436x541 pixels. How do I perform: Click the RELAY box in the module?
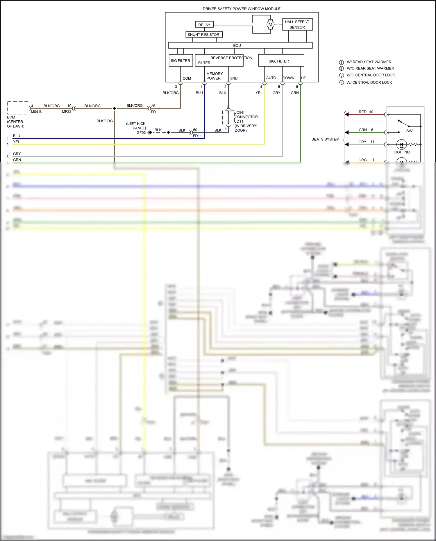204,25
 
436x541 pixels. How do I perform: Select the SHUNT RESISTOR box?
204,35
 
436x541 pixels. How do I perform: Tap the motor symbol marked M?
270,24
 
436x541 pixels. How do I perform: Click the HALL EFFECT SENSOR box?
297,24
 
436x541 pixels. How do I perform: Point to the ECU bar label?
237,46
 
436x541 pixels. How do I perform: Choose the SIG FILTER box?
181,60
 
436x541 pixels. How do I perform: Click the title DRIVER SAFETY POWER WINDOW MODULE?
242,9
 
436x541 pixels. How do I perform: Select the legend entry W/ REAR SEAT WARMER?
369,62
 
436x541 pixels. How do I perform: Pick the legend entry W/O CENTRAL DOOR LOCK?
371,75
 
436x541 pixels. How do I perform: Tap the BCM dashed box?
18,108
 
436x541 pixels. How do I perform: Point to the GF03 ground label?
141,133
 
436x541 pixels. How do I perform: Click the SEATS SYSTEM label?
325,139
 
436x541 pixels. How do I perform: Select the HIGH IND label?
401,152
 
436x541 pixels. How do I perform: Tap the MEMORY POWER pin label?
214,76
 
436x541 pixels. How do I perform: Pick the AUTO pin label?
271,78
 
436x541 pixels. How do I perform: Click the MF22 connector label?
67,112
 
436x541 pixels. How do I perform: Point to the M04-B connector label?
36,112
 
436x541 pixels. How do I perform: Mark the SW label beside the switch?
409,131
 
